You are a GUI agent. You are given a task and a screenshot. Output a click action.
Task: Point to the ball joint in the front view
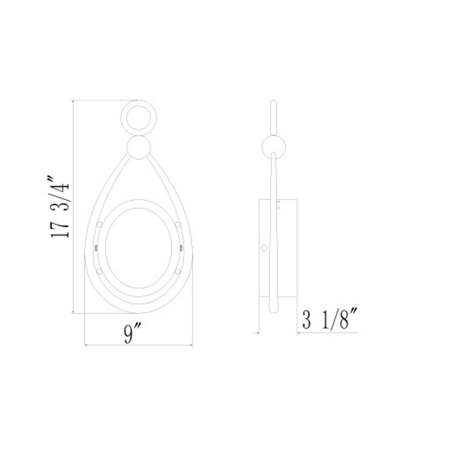click(138, 149)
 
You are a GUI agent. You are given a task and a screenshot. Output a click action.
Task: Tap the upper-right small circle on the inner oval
click(178, 225)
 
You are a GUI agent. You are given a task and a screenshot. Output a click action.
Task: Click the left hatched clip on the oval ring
click(96, 247)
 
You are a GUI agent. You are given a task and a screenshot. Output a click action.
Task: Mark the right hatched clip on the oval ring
click(181, 247)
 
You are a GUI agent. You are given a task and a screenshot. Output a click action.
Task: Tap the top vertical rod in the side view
click(274, 117)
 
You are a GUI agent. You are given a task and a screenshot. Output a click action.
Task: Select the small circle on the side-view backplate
click(264, 248)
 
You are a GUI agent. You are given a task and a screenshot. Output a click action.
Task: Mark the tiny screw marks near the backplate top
click(278, 204)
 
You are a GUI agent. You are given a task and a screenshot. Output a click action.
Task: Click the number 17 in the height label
click(60, 229)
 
